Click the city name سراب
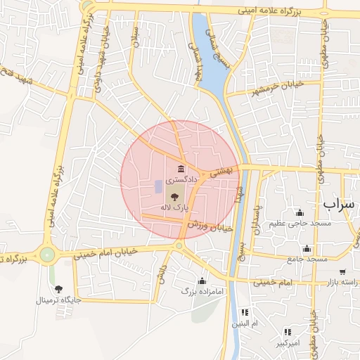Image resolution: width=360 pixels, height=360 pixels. tap(341, 203)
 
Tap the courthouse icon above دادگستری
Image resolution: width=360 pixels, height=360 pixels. tap(181, 169)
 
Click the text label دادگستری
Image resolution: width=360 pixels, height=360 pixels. tap(181, 181)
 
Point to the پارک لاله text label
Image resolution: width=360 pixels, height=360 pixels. tap(174, 207)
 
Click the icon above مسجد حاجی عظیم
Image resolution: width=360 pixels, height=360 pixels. tap(300, 212)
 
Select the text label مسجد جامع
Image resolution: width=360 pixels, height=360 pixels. tap(307, 259)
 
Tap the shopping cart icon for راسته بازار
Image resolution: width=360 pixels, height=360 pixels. tap(342, 271)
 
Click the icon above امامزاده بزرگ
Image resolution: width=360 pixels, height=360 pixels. tap(202, 281)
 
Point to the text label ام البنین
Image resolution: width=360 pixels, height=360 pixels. tap(245, 323)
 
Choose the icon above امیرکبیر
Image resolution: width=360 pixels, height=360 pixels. tap(288, 332)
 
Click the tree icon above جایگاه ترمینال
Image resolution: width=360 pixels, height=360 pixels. tap(58, 288)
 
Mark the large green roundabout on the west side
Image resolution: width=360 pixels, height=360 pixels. tap(47, 255)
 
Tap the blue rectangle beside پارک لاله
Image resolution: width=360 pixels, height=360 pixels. tap(157, 187)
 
